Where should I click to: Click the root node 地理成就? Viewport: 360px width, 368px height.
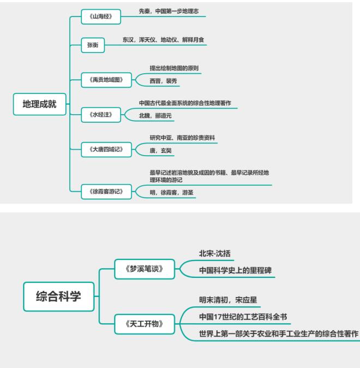tap(40, 104)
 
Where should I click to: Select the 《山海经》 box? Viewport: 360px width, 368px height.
tap(101, 17)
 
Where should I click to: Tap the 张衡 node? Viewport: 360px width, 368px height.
tap(93, 45)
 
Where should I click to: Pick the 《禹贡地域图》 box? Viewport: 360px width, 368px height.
tap(106, 80)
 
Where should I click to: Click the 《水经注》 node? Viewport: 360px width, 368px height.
tap(101, 115)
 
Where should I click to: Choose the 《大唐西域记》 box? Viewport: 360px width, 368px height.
tap(106, 150)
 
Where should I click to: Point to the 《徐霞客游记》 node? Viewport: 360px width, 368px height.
tap(106, 192)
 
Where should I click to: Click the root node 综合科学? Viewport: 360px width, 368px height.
tap(58, 296)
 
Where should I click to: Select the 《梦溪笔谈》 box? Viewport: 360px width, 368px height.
tap(145, 269)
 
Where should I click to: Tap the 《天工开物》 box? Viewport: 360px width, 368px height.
tap(145, 324)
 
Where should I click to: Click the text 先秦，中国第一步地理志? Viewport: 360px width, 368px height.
tap(169, 11)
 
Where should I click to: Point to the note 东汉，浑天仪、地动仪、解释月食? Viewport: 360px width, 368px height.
tap(163, 40)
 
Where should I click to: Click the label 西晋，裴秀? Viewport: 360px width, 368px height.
tap(163, 81)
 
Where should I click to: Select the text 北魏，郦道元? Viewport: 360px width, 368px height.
tap(155, 115)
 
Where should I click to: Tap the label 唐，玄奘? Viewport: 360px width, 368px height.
tap(161, 151)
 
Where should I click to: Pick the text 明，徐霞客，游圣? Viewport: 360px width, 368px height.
tap(171, 192)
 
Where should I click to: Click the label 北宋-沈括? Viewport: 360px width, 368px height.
tap(214, 253)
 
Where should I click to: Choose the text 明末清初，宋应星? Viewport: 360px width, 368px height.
tap(228, 300)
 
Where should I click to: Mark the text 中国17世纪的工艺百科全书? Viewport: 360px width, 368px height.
tap(243, 317)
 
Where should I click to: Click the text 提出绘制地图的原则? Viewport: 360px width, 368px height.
tap(174, 68)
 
